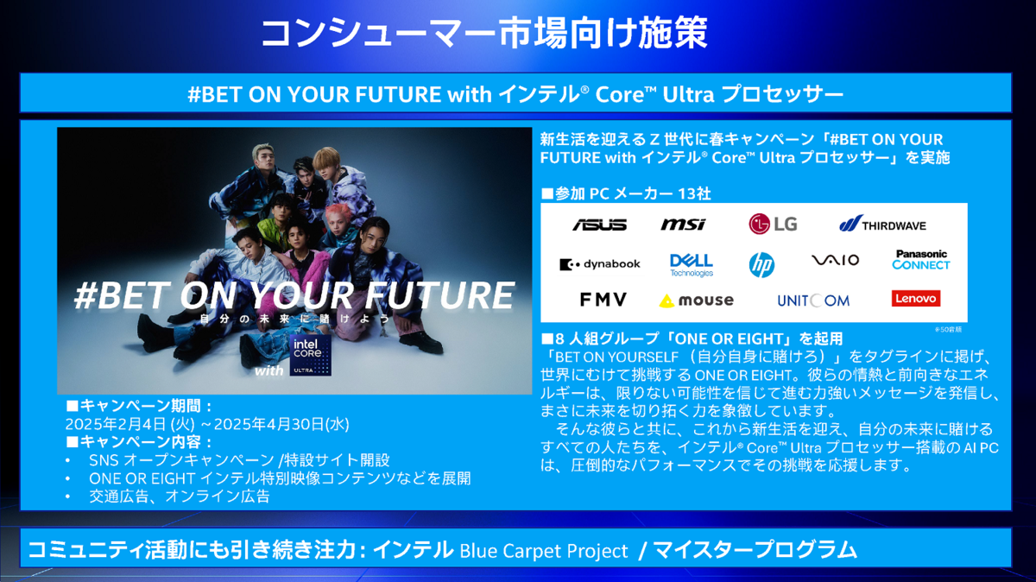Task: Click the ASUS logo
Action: [599, 225]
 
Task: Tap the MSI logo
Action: [683, 225]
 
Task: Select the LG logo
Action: [773, 225]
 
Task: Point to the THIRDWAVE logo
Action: [882, 225]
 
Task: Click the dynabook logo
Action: [600, 264]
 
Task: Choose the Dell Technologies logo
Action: [692, 264]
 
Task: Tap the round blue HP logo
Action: [761, 264]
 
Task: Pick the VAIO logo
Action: [835, 261]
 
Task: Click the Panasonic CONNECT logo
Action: [921, 260]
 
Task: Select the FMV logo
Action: [603, 300]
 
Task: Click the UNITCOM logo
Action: [812, 300]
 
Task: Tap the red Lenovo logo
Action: [915, 299]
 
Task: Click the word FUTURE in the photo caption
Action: [440, 295]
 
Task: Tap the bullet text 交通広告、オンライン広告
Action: [180, 497]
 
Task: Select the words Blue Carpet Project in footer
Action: [544, 550]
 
